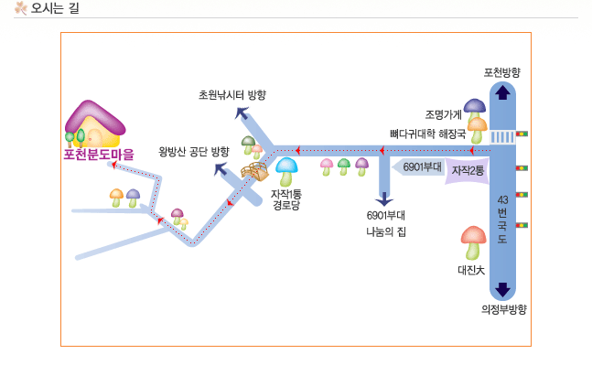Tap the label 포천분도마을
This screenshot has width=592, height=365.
(99, 155)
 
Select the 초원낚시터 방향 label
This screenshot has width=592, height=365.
(232, 95)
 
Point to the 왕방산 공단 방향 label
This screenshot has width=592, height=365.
(194, 151)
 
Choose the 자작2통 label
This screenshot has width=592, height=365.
(468, 171)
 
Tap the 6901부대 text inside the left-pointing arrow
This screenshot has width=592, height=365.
(423, 167)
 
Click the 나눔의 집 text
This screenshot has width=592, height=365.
(385, 231)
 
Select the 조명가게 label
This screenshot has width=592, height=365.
(443, 115)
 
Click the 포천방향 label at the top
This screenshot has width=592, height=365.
(502, 71)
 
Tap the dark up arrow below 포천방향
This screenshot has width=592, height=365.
(502, 91)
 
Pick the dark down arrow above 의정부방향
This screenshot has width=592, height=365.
(502, 290)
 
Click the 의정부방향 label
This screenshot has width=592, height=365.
(503, 309)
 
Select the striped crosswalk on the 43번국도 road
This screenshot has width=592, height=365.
(502, 136)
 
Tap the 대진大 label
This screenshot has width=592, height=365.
(472, 270)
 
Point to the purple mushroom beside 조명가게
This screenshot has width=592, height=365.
(474, 108)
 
